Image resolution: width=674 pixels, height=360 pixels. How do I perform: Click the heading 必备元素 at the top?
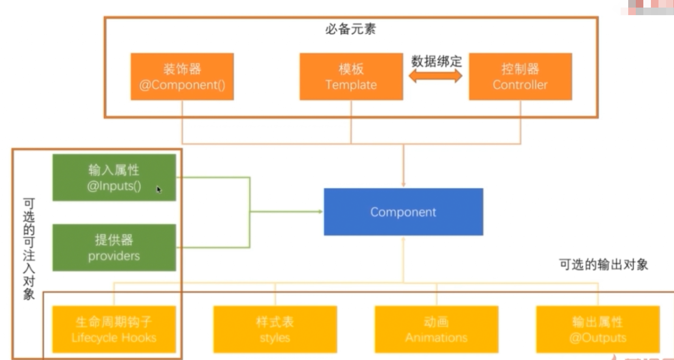350,29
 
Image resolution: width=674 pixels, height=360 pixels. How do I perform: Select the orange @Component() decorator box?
182,77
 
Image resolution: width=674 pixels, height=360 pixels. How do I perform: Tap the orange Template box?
351,77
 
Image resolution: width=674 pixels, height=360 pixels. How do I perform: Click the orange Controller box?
520,77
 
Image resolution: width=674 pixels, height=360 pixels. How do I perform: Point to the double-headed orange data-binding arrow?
435,76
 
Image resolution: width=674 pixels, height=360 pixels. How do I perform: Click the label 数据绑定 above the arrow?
436,61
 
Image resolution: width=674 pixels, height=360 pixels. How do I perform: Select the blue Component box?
403,212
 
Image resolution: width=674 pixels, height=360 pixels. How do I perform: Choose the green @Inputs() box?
114,178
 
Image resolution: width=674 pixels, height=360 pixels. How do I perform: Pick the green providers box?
114,248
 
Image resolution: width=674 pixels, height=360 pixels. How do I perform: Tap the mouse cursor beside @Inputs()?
159,189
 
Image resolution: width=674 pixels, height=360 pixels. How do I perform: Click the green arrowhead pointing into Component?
320,212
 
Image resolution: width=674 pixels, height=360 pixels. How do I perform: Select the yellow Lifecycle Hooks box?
114,329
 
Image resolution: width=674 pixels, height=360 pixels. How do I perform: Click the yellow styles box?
275,329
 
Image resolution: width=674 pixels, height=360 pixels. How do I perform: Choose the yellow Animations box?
436,329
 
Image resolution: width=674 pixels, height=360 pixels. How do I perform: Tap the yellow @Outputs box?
598,329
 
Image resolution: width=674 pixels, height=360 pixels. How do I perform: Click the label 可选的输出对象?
603,264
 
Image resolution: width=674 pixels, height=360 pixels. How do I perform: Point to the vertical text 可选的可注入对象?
29,249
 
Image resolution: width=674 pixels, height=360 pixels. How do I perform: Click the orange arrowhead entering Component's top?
403,184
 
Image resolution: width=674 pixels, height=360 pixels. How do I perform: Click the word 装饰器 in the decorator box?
182,69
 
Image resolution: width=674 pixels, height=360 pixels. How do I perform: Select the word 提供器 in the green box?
114,240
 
